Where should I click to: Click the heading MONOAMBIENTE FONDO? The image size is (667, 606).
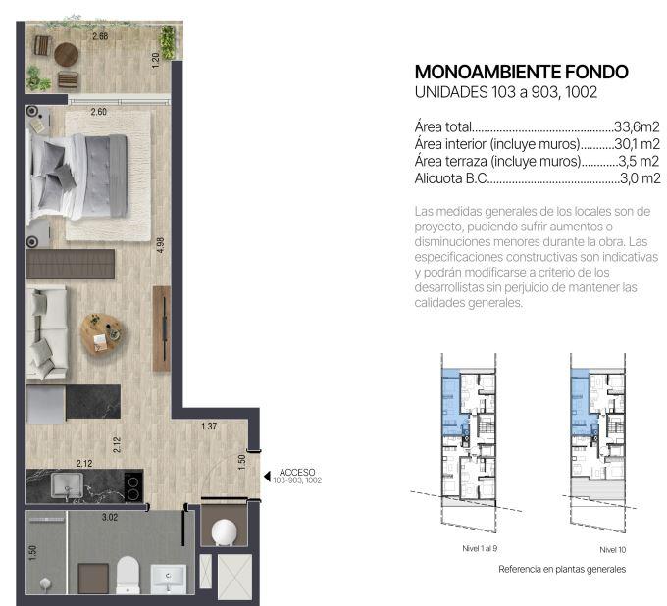pos(521,72)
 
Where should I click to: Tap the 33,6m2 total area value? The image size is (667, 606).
pos(637,126)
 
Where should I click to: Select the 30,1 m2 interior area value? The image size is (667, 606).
pos(637,144)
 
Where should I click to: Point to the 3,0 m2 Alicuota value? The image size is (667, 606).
pos(641,178)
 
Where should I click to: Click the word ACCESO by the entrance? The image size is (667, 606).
pos(297,472)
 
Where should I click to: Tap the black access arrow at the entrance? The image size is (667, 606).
pos(267,477)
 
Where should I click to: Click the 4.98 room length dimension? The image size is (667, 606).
pos(160,245)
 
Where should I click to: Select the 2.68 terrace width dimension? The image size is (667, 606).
pos(100,36)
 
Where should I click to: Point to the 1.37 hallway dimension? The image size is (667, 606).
pos(209,426)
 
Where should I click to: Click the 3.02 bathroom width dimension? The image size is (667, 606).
pos(110,517)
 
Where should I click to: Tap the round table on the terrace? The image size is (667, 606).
pos(67,55)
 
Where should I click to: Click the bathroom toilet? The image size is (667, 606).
pos(128,574)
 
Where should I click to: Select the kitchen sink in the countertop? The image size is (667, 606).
pos(68,485)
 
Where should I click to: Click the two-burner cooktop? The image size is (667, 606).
pos(133,487)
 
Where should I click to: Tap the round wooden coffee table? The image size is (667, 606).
pos(102,334)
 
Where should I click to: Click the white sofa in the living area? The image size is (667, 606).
pos(47,332)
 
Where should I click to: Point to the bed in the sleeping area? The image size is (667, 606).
pos(77,177)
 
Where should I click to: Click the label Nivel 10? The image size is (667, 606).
pos(612,550)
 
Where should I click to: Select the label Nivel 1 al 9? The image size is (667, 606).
pos(480,548)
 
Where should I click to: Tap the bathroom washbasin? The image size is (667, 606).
pos(169,578)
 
